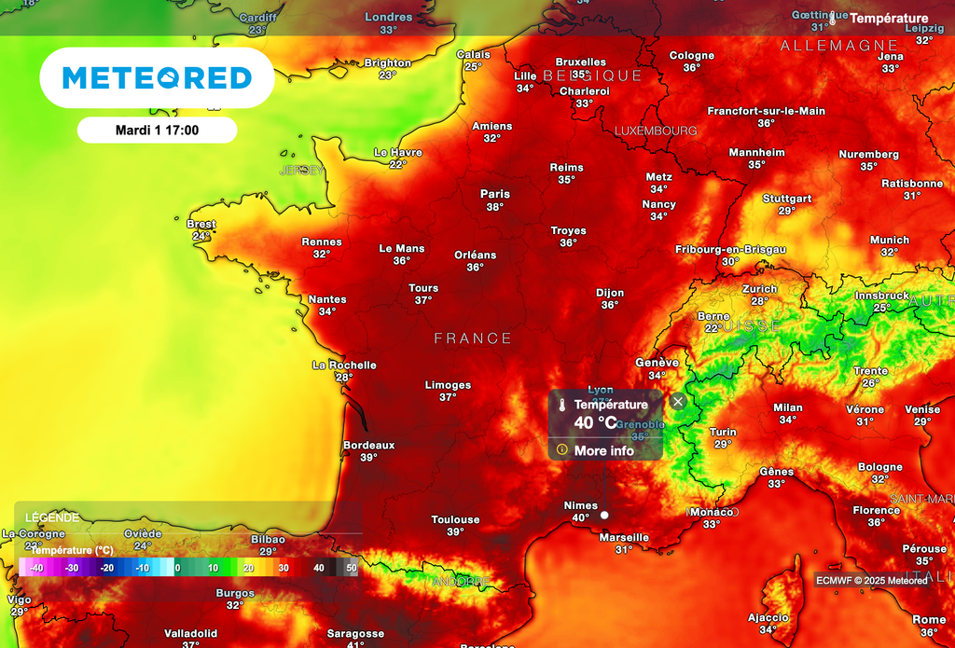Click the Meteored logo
click(x=157, y=78)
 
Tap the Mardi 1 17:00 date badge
click(x=157, y=130)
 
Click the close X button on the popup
click(x=678, y=401)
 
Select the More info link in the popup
click(x=603, y=450)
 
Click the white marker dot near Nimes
click(x=604, y=515)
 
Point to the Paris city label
click(x=495, y=194)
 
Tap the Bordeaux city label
click(x=368, y=445)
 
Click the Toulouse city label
click(x=455, y=519)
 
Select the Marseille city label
click(x=624, y=537)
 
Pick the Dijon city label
click(x=610, y=293)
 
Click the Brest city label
click(x=201, y=224)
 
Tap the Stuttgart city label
click(x=787, y=199)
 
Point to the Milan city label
click(x=787, y=407)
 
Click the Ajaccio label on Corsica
click(x=768, y=617)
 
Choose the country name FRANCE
click(x=473, y=338)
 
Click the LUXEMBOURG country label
click(x=656, y=131)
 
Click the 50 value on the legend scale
click(x=351, y=567)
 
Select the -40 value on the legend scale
click(x=36, y=567)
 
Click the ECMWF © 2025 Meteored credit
click(x=871, y=580)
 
